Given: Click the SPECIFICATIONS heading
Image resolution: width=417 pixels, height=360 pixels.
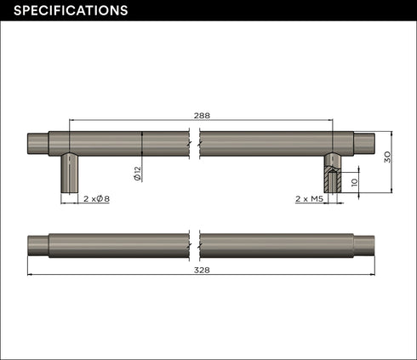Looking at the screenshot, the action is pyautogui.click(x=71, y=10).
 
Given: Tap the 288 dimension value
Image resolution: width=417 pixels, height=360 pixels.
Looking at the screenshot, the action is pyautogui.click(x=202, y=116).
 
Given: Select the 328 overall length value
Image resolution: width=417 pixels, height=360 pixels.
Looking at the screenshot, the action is pyautogui.click(x=202, y=270).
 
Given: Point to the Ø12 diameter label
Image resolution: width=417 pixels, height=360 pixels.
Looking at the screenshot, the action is pyautogui.click(x=137, y=174).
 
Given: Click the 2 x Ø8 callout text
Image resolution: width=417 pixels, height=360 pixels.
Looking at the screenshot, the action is pyautogui.click(x=96, y=199).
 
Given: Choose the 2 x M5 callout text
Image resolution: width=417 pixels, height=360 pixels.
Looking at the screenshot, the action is pyautogui.click(x=309, y=199).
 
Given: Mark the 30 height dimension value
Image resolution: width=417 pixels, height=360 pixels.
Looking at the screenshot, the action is pyautogui.click(x=387, y=157).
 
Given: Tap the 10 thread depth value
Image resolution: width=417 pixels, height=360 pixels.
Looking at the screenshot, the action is pyautogui.click(x=355, y=182).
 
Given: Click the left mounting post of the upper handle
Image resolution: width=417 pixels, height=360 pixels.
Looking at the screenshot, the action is pyautogui.click(x=70, y=173).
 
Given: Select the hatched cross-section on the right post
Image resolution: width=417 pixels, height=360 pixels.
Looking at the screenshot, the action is pyautogui.click(x=333, y=180).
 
